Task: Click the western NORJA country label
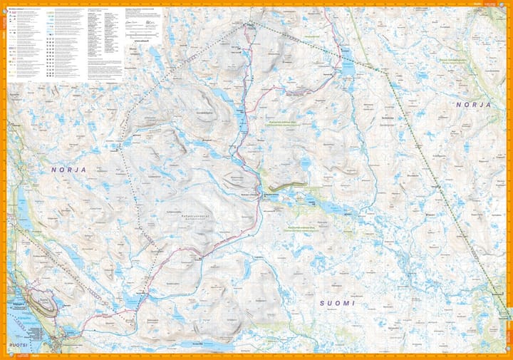[x=68, y=170]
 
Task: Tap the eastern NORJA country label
[x=474, y=104]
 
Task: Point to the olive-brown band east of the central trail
[x=287, y=187]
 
